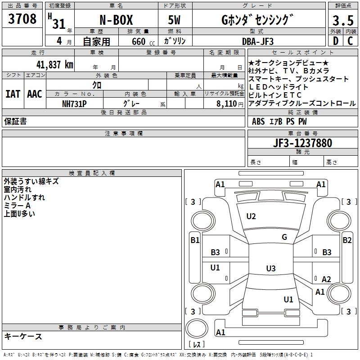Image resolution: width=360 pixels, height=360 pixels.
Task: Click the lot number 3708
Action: click(22, 19)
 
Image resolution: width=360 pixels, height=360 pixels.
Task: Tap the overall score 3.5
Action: click(342, 21)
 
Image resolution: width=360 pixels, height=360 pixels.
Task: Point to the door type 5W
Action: click(175, 21)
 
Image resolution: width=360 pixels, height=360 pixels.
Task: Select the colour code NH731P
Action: click(74, 103)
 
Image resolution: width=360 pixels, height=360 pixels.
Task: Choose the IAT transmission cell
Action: click(13, 94)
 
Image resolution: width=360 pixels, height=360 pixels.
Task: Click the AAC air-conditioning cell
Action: click(34, 94)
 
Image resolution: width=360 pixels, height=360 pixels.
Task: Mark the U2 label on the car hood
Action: click(251, 216)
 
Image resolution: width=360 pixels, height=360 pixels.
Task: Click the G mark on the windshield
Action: click(284, 237)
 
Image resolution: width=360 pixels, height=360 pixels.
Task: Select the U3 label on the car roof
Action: click(270, 269)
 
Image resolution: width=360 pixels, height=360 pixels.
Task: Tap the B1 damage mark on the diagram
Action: click(194, 240)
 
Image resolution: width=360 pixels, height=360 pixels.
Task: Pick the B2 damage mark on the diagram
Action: click(347, 240)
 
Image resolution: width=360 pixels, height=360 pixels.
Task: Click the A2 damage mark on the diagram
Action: click(326, 279)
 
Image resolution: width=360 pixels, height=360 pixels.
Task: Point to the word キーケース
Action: click(23, 336)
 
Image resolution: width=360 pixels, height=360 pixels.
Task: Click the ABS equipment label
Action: click(258, 121)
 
